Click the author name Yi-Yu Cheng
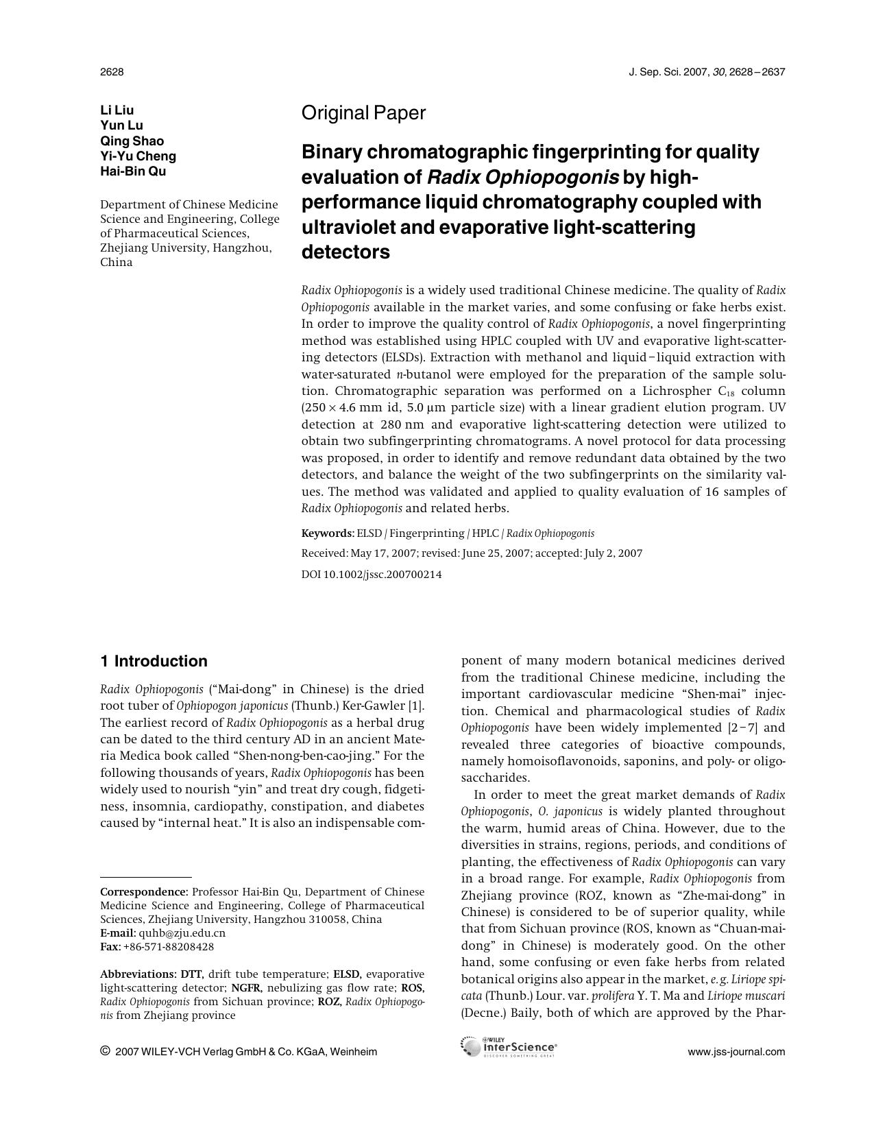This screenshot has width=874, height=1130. coord(138,156)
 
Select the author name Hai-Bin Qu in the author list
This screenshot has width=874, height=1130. coord(133,171)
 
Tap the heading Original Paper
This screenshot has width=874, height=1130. coord(363,113)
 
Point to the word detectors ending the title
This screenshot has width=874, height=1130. coord(345,252)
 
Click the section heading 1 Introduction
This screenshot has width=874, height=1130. coord(154,661)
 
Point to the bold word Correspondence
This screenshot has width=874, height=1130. coord(143,892)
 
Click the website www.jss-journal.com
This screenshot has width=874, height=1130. coord(736,1052)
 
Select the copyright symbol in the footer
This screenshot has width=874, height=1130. coord(105,1051)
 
